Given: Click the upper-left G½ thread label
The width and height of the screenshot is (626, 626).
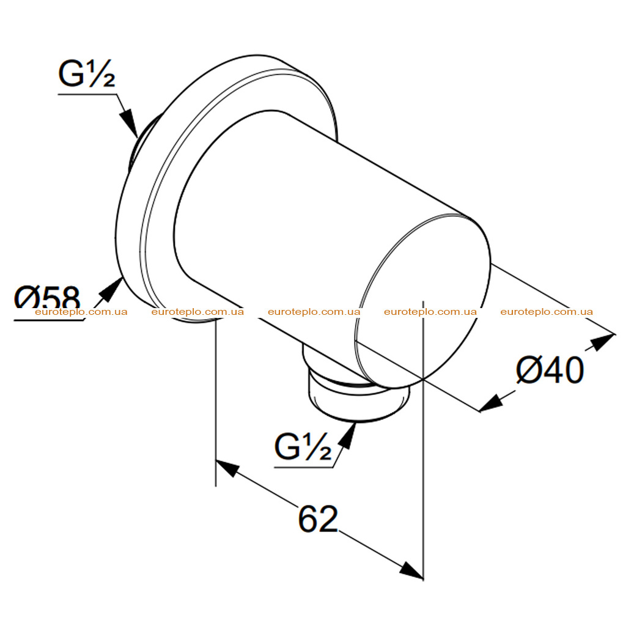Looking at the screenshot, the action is (x=87, y=73).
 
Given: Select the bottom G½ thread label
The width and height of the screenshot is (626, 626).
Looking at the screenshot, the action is (x=303, y=446).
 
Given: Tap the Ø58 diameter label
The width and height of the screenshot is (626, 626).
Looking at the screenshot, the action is (x=47, y=298).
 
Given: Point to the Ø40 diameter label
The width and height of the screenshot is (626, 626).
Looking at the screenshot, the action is (x=550, y=370).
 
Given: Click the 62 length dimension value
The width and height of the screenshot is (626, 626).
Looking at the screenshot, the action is (x=318, y=518).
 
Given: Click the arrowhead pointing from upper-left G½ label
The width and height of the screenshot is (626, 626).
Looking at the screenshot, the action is (x=128, y=122).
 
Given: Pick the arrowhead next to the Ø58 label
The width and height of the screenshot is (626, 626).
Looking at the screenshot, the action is (x=111, y=290).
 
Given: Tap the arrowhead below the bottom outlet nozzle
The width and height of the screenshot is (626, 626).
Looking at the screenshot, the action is (x=347, y=435).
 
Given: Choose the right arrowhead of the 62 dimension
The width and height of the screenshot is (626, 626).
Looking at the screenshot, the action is (x=411, y=570).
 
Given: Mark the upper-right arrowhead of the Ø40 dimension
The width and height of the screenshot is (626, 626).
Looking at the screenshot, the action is (x=602, y=342).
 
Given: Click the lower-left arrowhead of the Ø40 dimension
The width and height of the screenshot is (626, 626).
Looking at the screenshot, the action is (x=491, y=402).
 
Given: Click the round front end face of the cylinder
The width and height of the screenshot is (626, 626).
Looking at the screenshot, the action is (x=422, y=301).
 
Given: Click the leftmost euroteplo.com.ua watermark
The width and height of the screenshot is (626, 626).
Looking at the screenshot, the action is (x=81, y=312).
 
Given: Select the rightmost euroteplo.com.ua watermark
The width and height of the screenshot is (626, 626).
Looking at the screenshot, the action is (x=547, y=312).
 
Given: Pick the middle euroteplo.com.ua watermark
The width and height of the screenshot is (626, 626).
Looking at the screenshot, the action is (x=314, y=312).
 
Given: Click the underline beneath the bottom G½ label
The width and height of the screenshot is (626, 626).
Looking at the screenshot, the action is (x=303, y=467).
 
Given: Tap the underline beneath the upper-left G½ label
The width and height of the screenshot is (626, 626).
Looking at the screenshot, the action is (x=87, y=94).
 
